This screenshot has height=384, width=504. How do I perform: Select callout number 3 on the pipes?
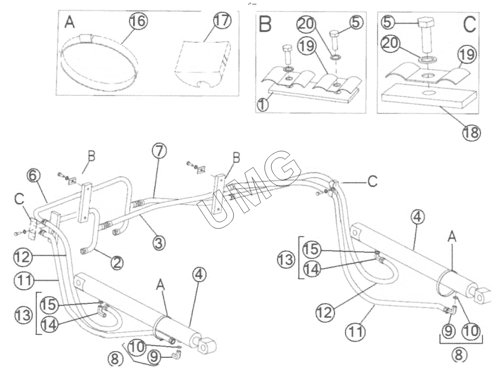pos(160,243)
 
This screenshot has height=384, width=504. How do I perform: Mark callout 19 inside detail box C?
pos(466,54)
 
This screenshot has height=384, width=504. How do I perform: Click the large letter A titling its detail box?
pos(69,23)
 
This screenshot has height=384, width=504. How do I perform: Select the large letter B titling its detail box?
pos(266,24)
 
